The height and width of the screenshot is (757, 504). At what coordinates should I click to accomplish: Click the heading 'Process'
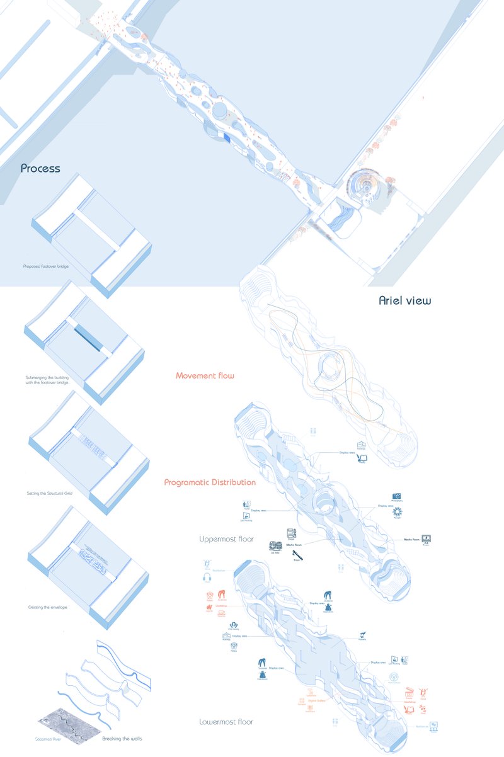tap(40, 169)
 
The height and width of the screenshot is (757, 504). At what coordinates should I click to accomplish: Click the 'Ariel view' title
tap(404, 300)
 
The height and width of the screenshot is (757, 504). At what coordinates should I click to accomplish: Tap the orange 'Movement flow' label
tap(205, 376)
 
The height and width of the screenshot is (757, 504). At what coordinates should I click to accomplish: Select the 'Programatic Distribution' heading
tap(210, 482)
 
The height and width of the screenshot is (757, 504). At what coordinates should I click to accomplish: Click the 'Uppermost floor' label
tap(227, 539)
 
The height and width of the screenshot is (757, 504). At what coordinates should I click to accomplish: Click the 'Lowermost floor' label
tap(226, 722)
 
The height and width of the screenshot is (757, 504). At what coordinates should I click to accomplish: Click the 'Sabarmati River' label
tap(47, 737)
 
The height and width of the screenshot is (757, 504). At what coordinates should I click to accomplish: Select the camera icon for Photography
tap(397, 497)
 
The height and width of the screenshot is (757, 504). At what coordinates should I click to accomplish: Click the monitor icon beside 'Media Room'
tap(427, 540)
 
